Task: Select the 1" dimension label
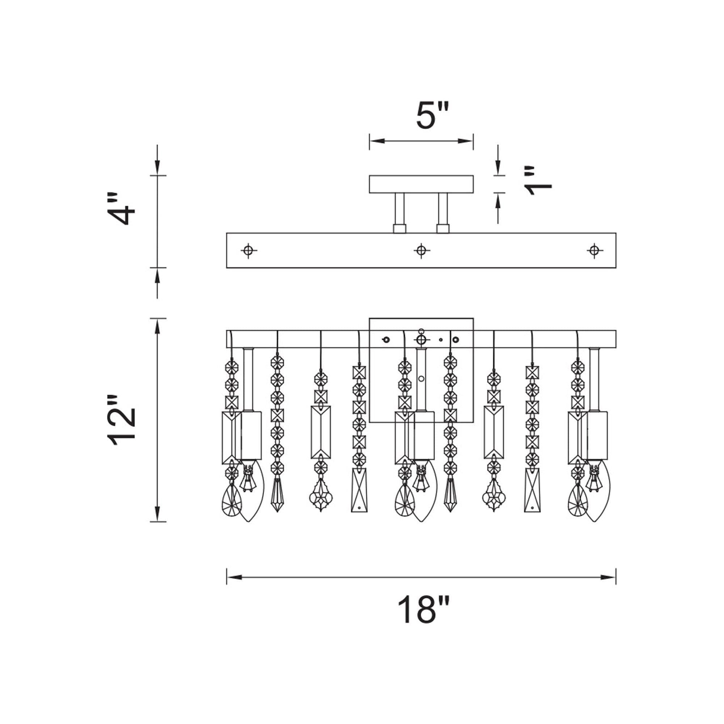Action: [538, 181]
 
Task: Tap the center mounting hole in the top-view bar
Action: [421, 249]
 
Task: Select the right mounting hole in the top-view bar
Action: [594, 250]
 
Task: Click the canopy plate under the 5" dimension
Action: [421, 184]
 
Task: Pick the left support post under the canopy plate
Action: [399, 213]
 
